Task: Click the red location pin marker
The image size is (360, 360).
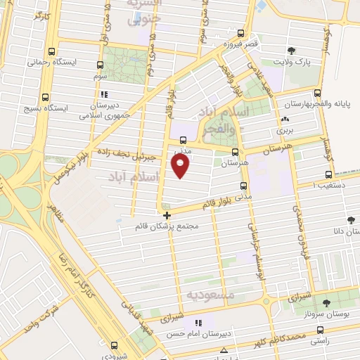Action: tap(181, 166)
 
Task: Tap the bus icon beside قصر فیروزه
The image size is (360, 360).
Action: tap(241, 33)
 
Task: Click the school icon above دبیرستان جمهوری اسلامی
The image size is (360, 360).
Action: tap(103, 94)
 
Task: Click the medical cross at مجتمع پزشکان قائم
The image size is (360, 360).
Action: tap(166, 215)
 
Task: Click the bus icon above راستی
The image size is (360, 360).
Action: tap(320, 329)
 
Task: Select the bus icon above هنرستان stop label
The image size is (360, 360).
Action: tap(234, 151)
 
